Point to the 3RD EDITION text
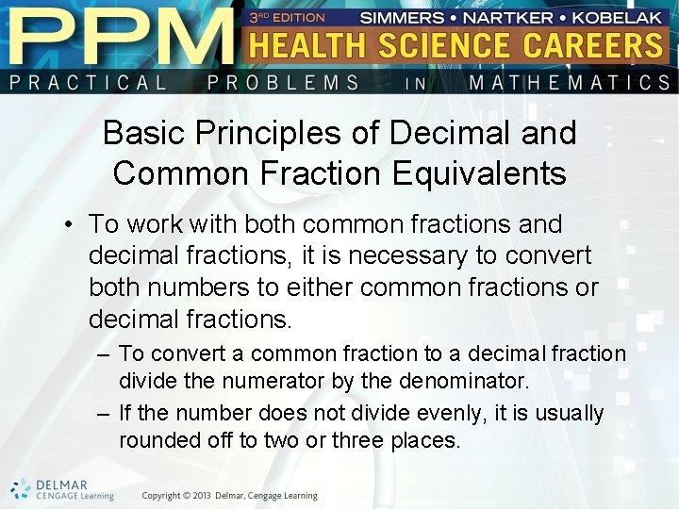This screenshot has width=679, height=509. tap(287, 17)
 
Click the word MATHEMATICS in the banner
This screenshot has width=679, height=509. tap(569, 82)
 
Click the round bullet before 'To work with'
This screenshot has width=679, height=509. tap(70, 225)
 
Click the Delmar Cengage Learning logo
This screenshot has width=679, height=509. tap(62, 489)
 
